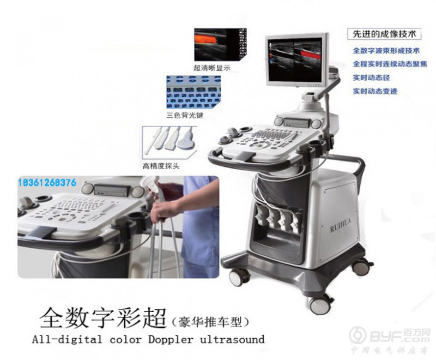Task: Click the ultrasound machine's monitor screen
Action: point(296,57)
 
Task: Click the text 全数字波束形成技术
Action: point(386,51)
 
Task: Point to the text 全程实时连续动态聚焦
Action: point(390,64)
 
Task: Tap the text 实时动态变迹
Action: point(375,91)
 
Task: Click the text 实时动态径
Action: point(371,78)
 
